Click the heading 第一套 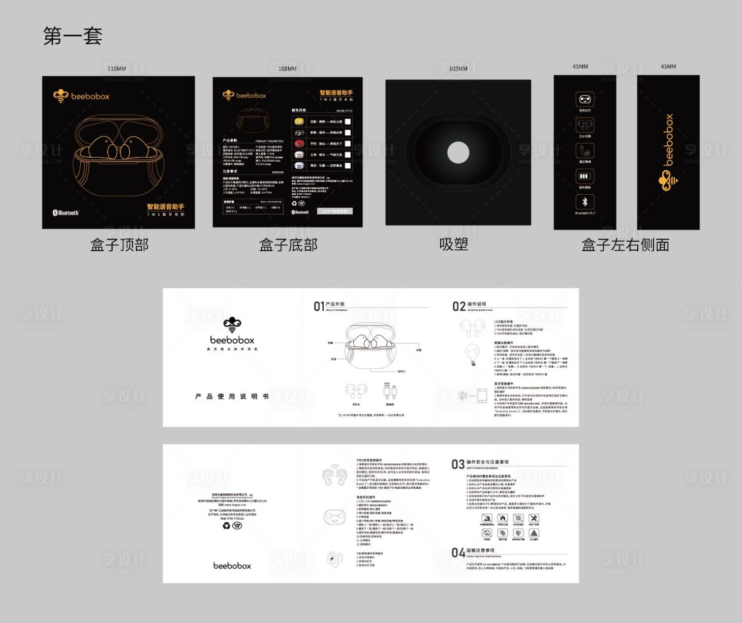tap(73, 36)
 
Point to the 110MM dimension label tap(116, 69)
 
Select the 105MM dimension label tap(458, 69)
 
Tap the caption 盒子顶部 tap(119, 245)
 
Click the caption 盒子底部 tap(288, 245)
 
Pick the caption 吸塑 tap(453, 245)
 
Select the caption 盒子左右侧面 tap(625, 245)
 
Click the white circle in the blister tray tap(458, 153)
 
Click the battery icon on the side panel tap(584, 176)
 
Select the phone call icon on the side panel tap(584, 151)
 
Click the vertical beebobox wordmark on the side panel tap(669, 139)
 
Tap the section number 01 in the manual tap(319, 306)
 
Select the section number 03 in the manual tap(457, 464)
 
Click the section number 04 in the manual tap(458, 553)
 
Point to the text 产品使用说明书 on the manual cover tap(232, 396)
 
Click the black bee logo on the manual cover tap(232, 324)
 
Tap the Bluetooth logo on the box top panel tap(66, 213)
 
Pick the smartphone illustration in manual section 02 tap(482, 396)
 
